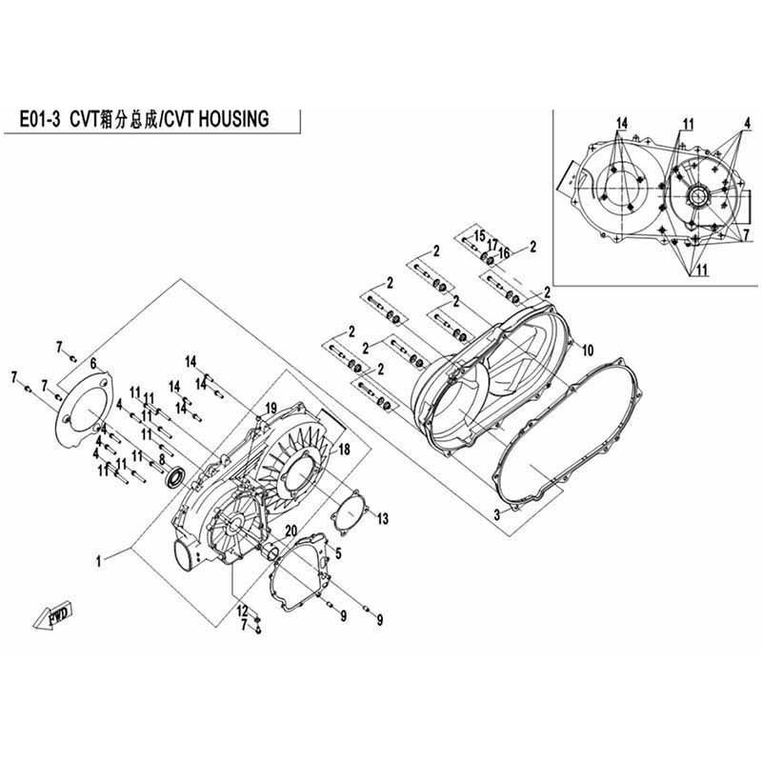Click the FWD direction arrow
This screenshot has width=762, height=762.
point(52,616)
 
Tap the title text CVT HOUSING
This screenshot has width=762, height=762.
point(216,119)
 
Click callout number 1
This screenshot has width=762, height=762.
point(99,562)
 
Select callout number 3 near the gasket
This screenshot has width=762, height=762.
point(497,514)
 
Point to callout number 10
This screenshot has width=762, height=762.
point(588,350)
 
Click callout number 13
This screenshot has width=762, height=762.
point(383,519)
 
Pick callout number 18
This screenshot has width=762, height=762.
point(344,450)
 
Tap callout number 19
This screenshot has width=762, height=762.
point(271,408)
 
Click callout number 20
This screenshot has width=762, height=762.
point(291,531)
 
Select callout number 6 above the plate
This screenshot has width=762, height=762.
point(93,362)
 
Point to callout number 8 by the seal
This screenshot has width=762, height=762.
point(162,459)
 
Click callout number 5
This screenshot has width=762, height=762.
point(338,553)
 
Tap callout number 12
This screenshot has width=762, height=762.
point(243,611)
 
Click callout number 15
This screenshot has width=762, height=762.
point(480,236)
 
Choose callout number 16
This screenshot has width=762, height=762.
point(504,252)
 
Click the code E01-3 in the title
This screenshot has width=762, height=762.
point(39,120)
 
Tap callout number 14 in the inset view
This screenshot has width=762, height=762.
point(622,124)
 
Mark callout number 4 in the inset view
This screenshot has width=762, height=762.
point(748,123)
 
